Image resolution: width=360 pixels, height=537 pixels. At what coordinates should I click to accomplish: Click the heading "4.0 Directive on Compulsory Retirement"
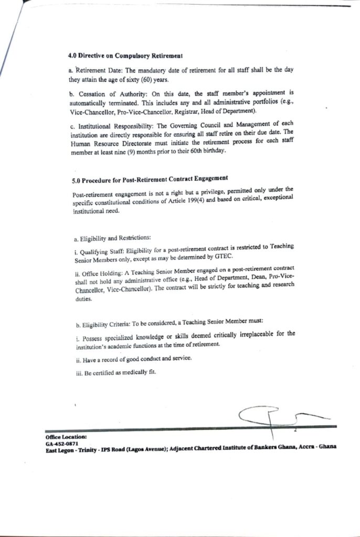click(125, 55)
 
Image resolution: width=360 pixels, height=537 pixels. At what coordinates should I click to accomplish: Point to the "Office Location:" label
click(66, 436)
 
